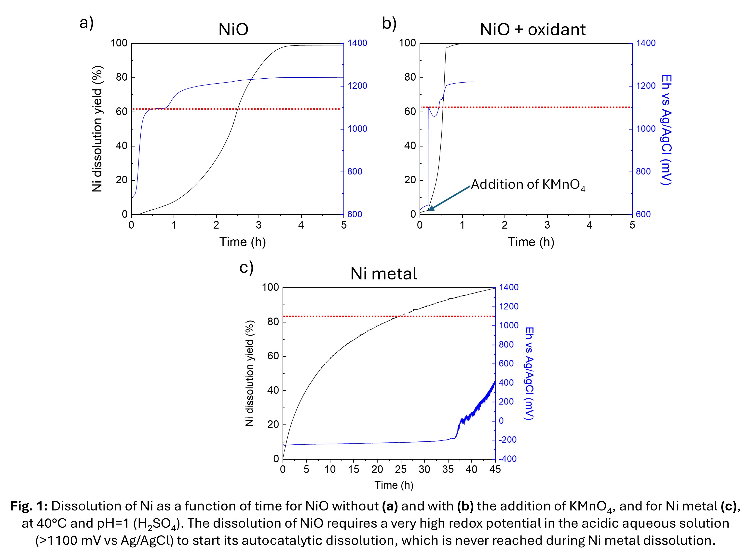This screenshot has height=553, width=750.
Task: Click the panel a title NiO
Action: tap(233, 29)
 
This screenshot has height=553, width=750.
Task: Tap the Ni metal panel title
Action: tap(383, 274)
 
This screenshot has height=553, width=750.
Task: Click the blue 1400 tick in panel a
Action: tap(357, 43)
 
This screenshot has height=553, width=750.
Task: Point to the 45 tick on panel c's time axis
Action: tap(495, 470)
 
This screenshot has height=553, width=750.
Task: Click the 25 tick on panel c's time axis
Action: tap(401, 470)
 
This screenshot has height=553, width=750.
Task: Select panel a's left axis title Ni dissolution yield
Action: tap(97, 129)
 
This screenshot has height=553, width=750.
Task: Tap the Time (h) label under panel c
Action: tap(394, 485)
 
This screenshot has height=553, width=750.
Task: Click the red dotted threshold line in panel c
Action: tap(334, 316)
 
